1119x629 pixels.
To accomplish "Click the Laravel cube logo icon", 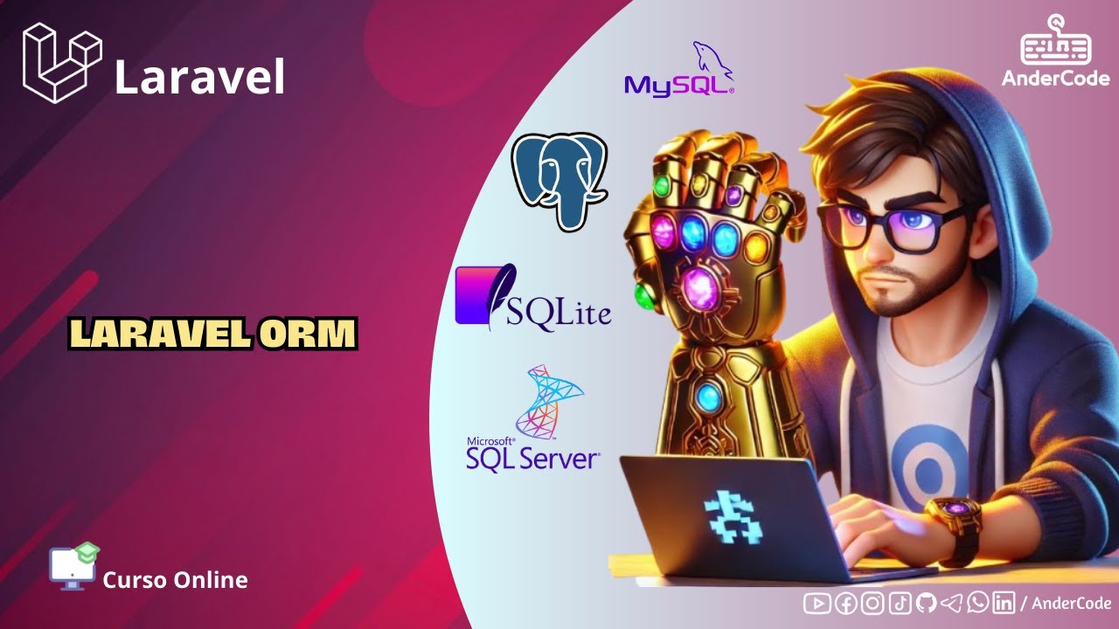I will (62, 63).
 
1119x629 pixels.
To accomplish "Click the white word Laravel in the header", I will (199, 78).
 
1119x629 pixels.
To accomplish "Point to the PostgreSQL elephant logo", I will (559, 179).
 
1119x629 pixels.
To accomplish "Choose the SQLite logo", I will (532, 298).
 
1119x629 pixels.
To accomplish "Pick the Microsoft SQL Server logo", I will (532, 419).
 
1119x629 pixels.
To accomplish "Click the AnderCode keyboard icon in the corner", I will (1055, 42).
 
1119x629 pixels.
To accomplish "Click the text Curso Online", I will (175, 580).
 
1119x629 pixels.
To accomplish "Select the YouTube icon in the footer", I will (817, 603).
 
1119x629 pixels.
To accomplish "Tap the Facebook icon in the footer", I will (845, 603).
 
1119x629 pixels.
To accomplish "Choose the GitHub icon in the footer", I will (926, 603).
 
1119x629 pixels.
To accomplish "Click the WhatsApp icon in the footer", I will (978, 603).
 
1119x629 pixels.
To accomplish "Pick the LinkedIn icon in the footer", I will (1004, 603).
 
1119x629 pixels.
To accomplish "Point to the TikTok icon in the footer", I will (900, 603).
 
